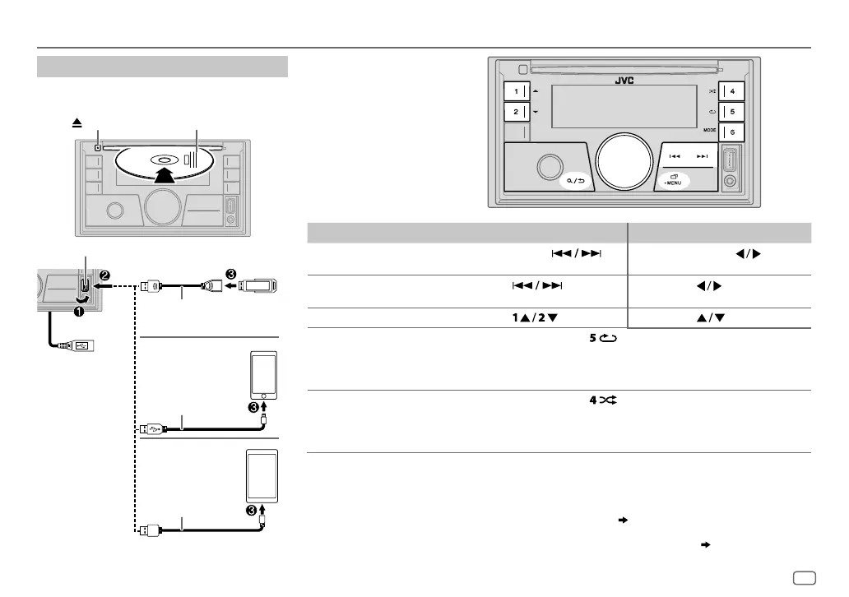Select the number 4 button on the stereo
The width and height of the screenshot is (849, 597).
coord(731,91)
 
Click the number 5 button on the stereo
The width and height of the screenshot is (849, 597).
coord(731,111)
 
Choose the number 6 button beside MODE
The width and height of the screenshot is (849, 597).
coord(731,132)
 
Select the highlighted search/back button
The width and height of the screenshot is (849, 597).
coord(575,180)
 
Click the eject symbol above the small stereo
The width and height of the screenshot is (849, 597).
coord(77,121)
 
